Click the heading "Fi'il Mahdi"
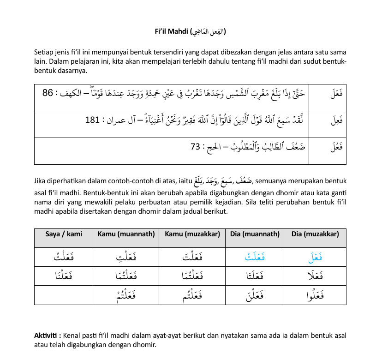(x=172, y=32)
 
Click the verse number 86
(x=48, y=93)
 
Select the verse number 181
(x=92, y=120)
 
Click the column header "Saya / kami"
(x=64, y=234)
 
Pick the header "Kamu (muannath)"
(x=126, y=234)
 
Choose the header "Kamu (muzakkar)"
(x=192, y=234)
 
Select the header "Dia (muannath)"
(x=255, y=234)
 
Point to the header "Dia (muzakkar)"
(x=315, y=234)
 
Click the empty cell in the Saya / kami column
(x=64, y=295)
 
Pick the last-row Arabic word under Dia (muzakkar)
(x=315, y=296)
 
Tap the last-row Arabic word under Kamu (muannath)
(x=126, y=296)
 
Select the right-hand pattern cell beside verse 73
(x=328, y=148)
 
